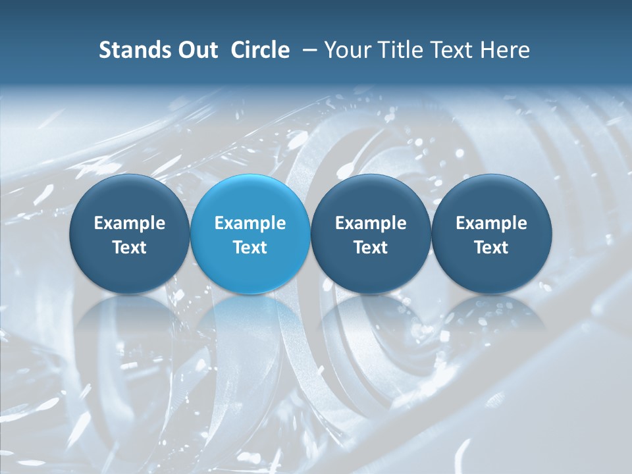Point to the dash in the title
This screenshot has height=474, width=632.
[307, 50]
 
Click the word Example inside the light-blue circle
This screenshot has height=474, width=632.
[250, 223]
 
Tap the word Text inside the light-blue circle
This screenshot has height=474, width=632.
[250, 248]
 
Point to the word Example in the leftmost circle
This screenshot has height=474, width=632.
[130, 223]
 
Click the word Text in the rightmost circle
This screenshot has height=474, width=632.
[491, 248]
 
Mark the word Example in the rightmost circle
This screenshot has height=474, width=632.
[491, 223]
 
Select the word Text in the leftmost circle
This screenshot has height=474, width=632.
[130, 248]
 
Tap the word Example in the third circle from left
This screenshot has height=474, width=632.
[371, 223]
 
